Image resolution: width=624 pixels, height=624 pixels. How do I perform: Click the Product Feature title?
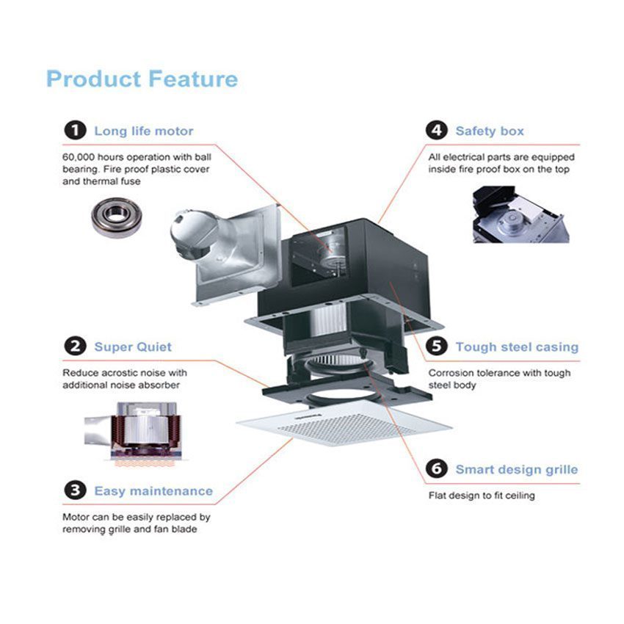click(x=142, y=79)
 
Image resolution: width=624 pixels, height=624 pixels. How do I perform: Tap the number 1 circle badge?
click(x=74, y=131)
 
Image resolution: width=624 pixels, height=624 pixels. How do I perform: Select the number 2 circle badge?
click(x=74, y=347)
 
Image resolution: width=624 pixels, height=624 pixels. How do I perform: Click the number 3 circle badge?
click(x=74, y=490)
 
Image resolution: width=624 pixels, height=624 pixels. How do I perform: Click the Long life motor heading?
click(x=143, y=131)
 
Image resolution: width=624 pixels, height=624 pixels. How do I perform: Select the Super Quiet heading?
click(x=132, y=347)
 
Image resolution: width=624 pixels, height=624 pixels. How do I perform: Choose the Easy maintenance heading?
click(x=153, y=491)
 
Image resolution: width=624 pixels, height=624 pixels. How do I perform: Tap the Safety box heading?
click(x=490, y=131)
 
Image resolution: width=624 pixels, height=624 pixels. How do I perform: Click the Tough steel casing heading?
click(x=517, y=347)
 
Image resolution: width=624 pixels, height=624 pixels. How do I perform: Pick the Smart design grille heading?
click(x=516, y=470)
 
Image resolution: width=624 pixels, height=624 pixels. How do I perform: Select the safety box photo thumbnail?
click(x=520, y=214)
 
